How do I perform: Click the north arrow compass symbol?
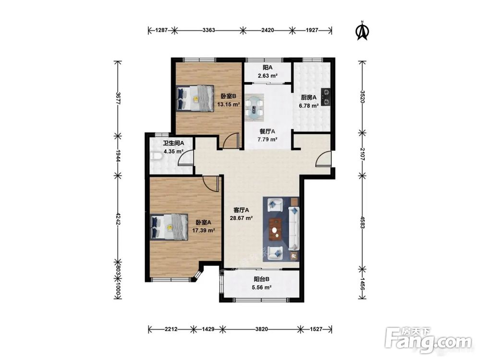362,31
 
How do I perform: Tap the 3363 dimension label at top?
209,30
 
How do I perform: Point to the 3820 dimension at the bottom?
262,329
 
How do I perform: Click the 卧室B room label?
228,96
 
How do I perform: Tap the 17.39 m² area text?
203,230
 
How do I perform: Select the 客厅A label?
241,210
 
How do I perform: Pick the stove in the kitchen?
326,96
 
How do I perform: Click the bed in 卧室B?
195,98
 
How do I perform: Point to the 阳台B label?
262,279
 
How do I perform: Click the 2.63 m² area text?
267,75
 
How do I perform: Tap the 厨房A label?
309,97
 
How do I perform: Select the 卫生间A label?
173,143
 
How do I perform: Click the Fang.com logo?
428,340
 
